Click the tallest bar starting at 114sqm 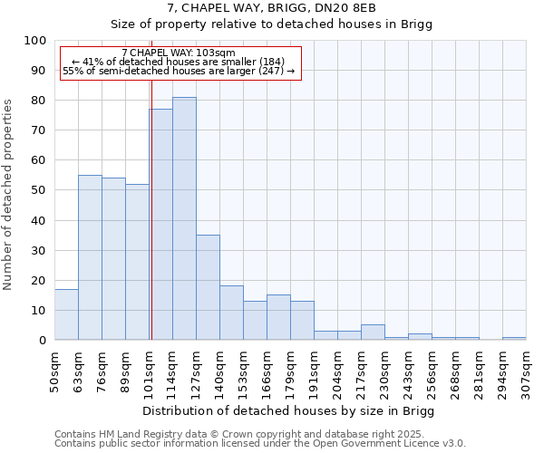(x=184, y=218)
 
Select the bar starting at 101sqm (x=160, y=225)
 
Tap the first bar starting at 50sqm (x=66, y=314)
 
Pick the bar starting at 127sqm (x=208, y=287)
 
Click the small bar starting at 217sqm (x=373, y=333)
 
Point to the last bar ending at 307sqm (x=514, y=338)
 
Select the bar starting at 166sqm (x=278, y=317)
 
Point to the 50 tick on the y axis (x=38, y=190)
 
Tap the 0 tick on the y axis (x=42, y=340)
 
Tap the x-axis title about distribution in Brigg (x=289, y=410)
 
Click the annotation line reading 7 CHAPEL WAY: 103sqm (x=178, y=53)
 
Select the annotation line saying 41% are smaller (x=178, y=62)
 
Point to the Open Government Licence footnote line (x=260, y=443)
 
